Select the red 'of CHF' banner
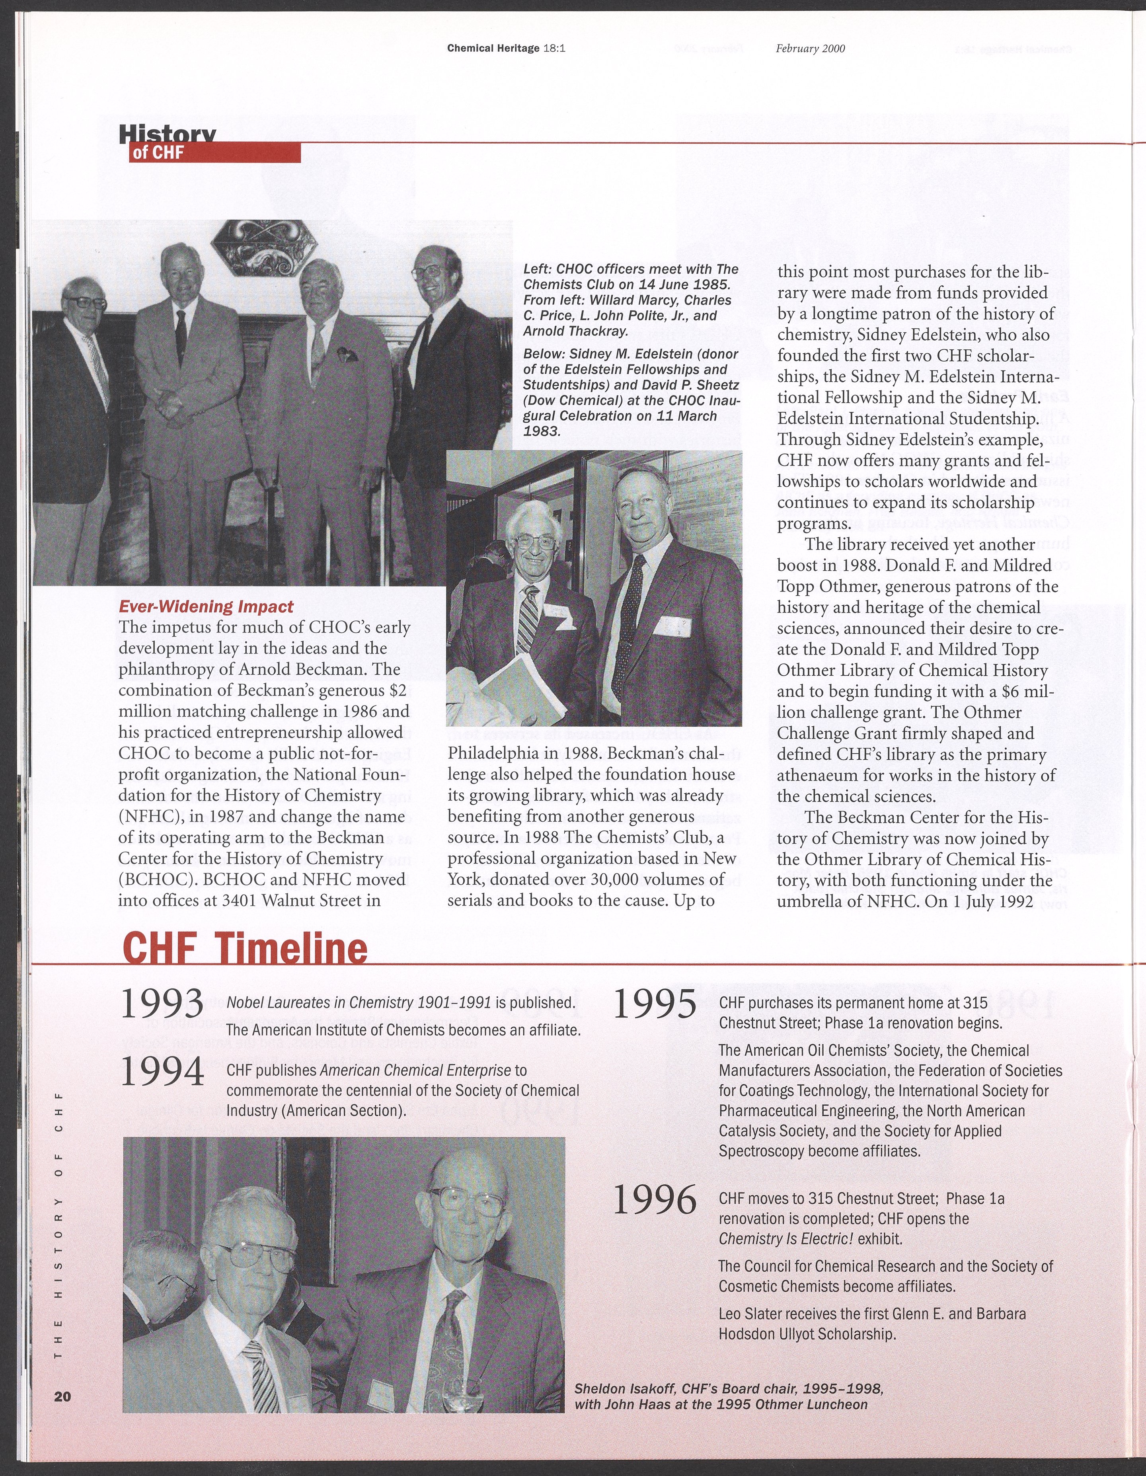point(214,153)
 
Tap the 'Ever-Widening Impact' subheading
point(206,606)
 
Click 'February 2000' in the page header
point(810,49)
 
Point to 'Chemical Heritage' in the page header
point(493,49)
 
